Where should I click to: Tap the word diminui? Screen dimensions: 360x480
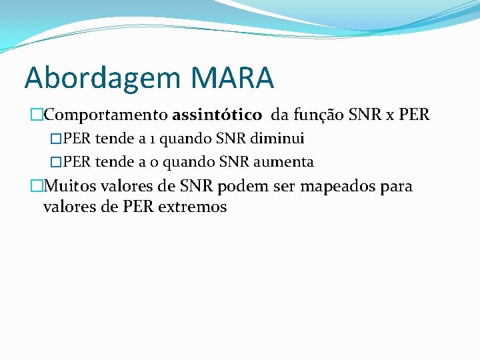279,139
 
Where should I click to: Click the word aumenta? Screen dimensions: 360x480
283,162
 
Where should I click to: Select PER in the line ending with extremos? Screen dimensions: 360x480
138,207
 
